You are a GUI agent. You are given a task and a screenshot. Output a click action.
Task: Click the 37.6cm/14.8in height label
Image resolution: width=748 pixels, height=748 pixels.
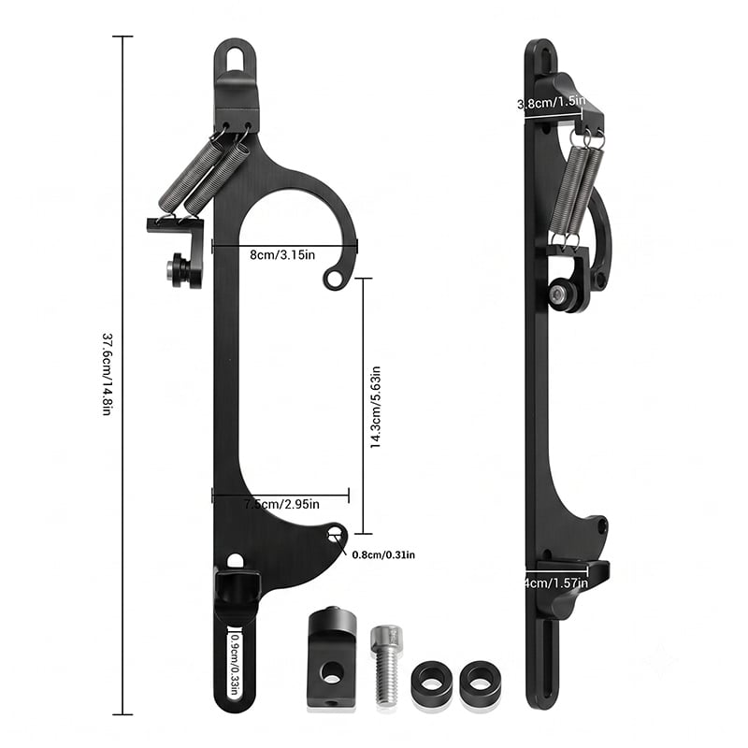click(x=108, y=375)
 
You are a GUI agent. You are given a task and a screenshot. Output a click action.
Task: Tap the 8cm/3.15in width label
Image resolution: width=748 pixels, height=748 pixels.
click(x=282, y=254)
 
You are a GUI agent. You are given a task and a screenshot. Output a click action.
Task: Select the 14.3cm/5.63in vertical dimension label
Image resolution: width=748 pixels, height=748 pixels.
click(x=376, y=407)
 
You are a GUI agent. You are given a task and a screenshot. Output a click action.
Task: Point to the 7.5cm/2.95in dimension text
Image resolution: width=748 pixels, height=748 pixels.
click(x=281, y=504)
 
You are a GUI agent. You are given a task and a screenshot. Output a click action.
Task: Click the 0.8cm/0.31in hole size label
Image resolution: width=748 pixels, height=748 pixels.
click(x=383, y=554)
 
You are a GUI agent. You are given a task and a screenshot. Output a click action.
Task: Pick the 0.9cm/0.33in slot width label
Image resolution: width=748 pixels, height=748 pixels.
click(x=235, y=665)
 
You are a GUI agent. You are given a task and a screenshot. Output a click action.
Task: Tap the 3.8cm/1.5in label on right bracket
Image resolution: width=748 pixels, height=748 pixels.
click(x=552, y=103)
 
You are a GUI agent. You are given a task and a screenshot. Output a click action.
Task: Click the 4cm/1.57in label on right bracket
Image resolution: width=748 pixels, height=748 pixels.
click(x=556, y=583)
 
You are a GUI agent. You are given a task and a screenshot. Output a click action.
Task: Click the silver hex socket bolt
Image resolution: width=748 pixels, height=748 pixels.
click(x=386, y=665)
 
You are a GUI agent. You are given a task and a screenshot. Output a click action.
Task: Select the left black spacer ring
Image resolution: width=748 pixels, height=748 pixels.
click(x=432, y=680)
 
